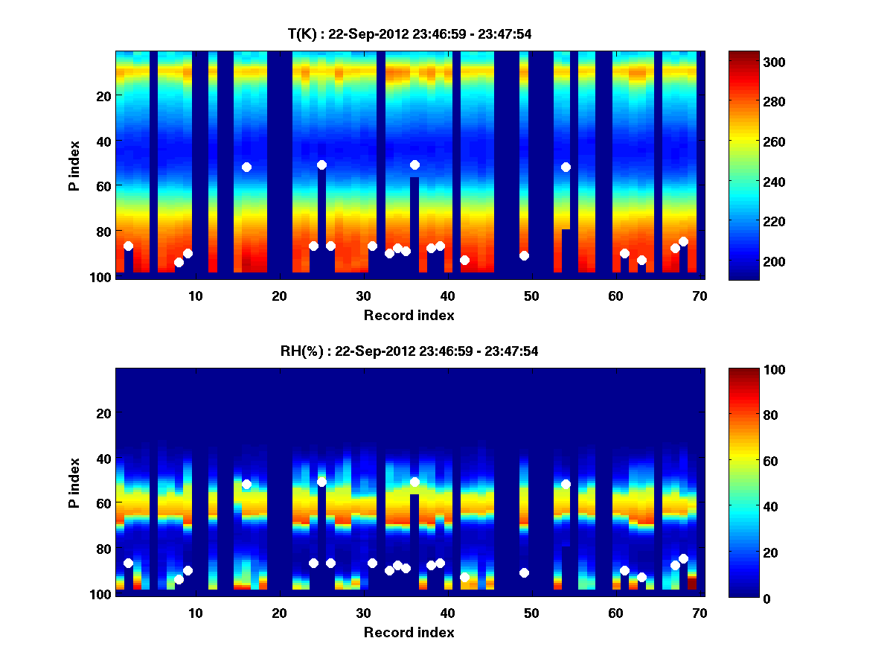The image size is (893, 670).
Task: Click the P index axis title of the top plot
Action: tap(74, 165)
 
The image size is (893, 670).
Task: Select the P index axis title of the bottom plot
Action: tap(74, 482)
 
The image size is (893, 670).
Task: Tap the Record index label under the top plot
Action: tap(409, 315)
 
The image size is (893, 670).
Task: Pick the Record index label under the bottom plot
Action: tap(409, 632)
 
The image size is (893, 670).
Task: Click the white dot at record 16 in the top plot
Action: tap(246, 167)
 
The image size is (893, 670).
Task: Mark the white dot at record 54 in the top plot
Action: tap(566, 167)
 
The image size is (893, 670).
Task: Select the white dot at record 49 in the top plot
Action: tap(524, 255)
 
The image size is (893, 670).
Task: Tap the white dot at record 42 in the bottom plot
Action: tap(465, 577)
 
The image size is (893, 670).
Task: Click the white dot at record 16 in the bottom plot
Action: tap(246, 484)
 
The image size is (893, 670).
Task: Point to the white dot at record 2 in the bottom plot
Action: tap(128, 563)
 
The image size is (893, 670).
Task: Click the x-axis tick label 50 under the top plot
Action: tap(531, 296)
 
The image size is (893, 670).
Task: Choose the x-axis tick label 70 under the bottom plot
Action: tap(699, 613)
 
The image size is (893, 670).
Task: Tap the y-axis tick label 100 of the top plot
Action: tap(102, 277)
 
